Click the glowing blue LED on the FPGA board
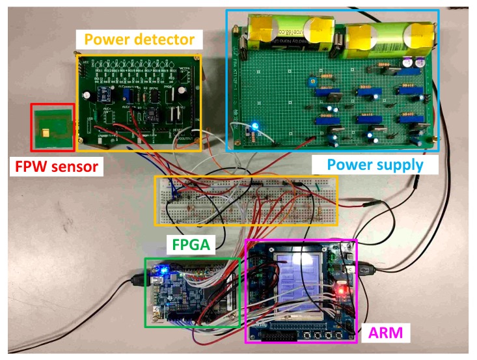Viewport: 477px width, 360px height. pyautogui.click(x=165, y=268)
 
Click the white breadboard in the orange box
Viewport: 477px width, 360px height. pyautogui.click(x=247, y=200)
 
